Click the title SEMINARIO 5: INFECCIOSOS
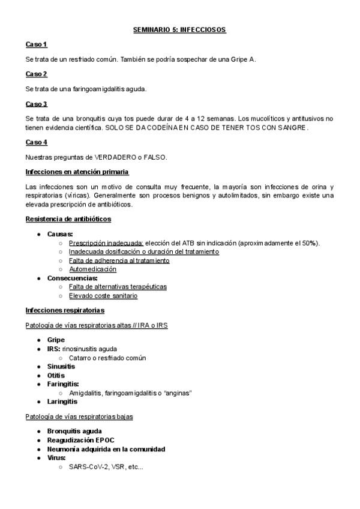click(179, 29)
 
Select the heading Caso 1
click(36, 44)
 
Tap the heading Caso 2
click(36, 74)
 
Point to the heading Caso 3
click(36, 103)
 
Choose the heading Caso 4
click(36, 142)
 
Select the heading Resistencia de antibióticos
click(68, 219)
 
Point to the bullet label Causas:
click(61, 233)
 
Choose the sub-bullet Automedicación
click(92, 270)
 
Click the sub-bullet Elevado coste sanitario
click(103, 295)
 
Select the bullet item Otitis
click(57, 375)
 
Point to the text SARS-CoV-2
click(88, 466)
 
